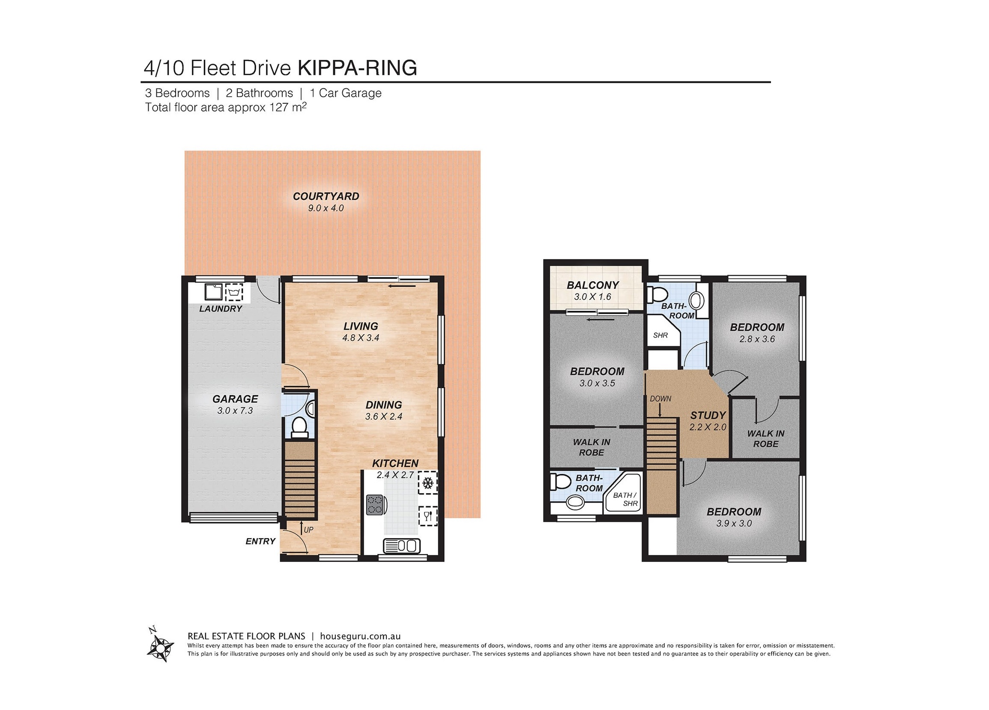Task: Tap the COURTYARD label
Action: click(x=326, y=196)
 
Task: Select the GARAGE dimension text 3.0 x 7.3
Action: click(x=235, y=410)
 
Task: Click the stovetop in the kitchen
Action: click(x=375, y=505)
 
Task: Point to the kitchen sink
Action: click(x=401, y=545)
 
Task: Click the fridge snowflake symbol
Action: click(x=428, y=483)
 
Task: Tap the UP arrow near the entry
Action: click(x=302, y=529)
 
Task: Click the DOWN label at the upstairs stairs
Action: click(x=660, y=398)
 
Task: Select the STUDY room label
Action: click(x=708, y=415)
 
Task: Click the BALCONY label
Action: click(x=593, y=285)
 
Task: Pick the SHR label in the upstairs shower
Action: click(x=660, y=336)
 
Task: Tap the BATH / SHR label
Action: click(x=625, y=499)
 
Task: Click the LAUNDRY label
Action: click(x=221, y=309)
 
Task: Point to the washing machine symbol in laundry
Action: click(x=234, y=292)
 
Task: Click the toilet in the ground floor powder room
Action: click(x=299, y=426)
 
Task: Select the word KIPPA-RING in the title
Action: click(x=357, y=68)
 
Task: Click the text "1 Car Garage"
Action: click(x=345, y=93)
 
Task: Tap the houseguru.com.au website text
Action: click(x=360, y=636)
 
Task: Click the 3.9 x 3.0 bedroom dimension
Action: click(x=734, y=523)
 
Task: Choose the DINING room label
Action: click(x=384, y=405)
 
